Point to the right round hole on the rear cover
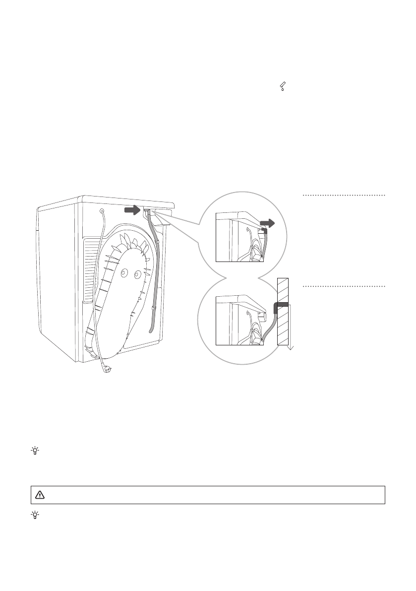point(136,273)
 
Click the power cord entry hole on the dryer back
point(102,211)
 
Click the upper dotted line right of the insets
point(344,196)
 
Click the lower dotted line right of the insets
point(344,286)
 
